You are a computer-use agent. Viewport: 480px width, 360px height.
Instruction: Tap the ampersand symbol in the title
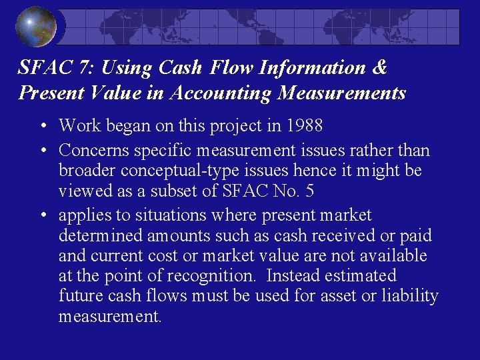[380, 68]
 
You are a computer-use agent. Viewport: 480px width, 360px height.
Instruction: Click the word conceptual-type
[183, 171]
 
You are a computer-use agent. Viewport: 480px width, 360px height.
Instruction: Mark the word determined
[99, 236]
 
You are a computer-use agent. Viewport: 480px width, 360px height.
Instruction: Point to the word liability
[409, 296]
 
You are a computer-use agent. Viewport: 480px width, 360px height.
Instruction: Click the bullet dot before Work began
[42, 126]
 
